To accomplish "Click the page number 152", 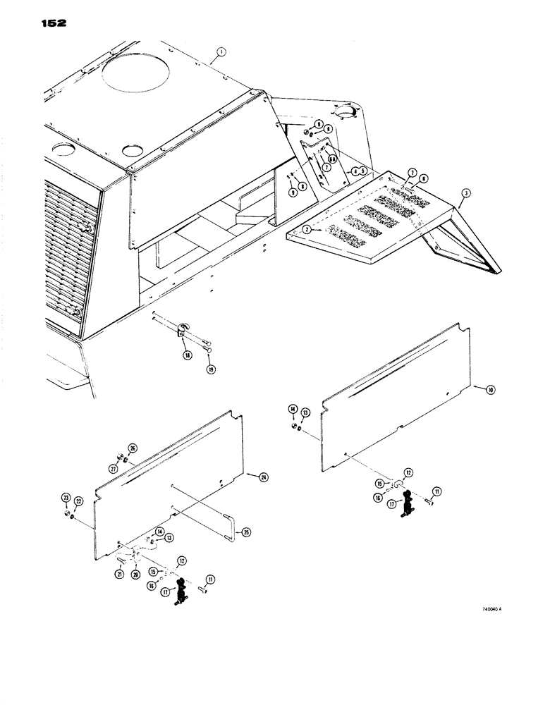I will point(49,23).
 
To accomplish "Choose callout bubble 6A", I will point(331,160).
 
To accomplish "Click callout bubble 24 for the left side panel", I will point(262,477).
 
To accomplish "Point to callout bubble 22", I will point(78,501).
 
